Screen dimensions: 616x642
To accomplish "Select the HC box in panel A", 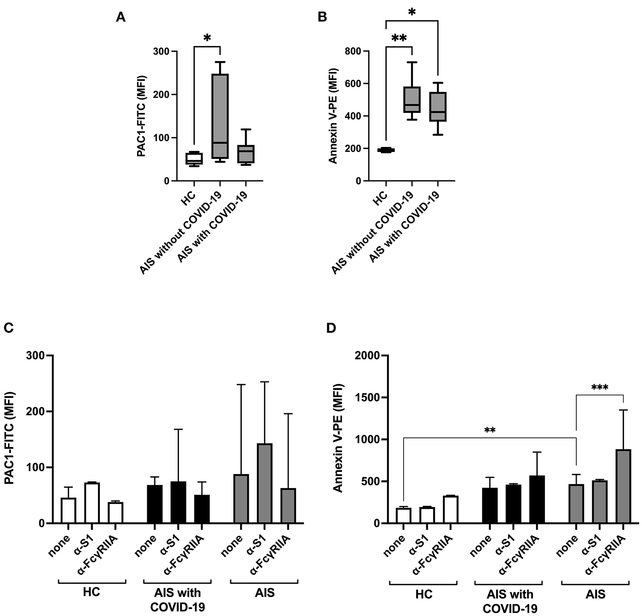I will point(194,159).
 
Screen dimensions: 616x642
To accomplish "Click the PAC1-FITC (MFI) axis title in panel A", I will point(142,116).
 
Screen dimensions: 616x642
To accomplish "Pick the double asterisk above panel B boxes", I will point(399,39).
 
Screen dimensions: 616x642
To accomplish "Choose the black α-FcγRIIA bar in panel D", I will point(537,499).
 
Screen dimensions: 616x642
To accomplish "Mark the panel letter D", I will point(331,328).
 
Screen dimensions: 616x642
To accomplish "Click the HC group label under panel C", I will point(92,593).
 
